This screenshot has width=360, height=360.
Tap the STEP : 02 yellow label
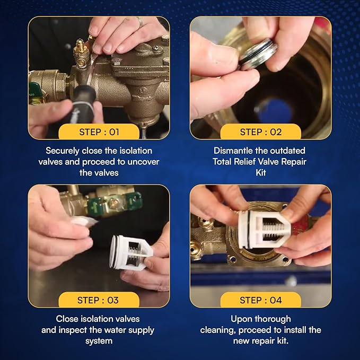(x=260, y=132)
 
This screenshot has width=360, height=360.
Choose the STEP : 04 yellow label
(x=260, y=300)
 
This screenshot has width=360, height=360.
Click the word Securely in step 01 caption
(x=64, y=151)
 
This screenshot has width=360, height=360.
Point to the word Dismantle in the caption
(x=232, y=151)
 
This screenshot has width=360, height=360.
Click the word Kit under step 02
(x=260, y=173)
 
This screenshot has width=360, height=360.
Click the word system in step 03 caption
(x=99, y=341)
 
